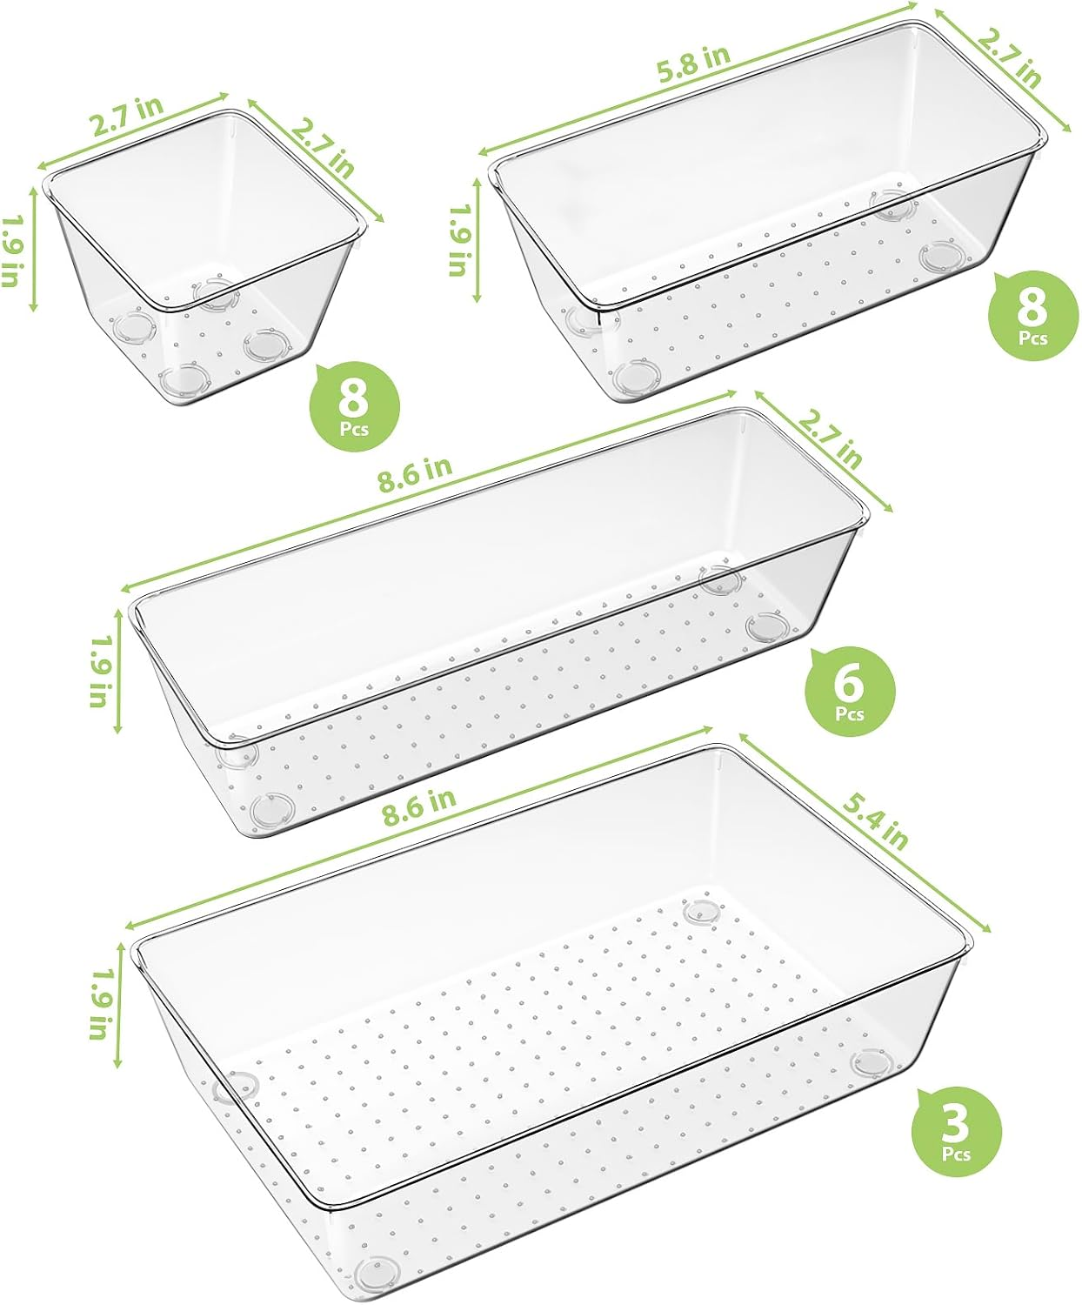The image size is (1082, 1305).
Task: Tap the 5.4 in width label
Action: point(875,822)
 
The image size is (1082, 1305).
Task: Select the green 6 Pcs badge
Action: point(850,692)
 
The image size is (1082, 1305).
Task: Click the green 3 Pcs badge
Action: point(956,1132)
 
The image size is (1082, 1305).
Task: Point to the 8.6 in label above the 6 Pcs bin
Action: point(415,474)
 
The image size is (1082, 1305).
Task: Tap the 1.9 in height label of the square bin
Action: point(11,251)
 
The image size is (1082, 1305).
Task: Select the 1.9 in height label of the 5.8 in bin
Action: point(458,240)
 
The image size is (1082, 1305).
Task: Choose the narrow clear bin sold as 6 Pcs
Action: point(496,626)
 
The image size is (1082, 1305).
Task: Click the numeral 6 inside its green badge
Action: point(850,683)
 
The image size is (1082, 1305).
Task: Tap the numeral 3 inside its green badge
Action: point(956,1123)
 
